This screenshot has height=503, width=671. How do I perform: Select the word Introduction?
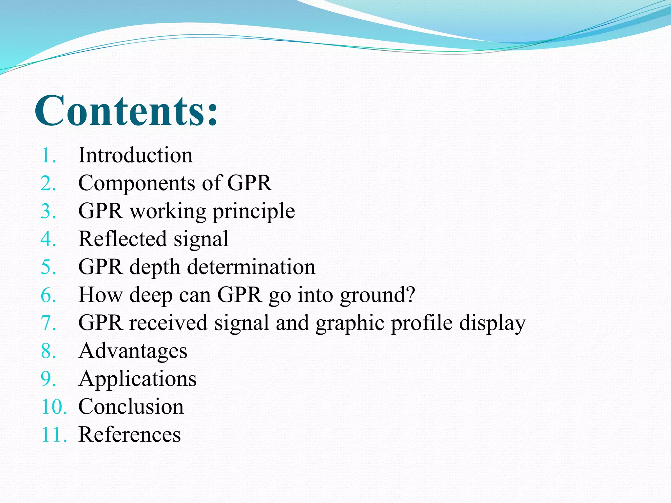tap(135, 155)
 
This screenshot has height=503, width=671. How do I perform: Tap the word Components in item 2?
tap(136, 183)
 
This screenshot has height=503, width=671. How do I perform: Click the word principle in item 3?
tap(254, 212)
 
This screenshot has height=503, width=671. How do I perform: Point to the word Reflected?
tap(123, 239)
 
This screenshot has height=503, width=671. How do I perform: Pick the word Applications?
tap(137, 379)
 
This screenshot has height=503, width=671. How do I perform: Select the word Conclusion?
tap(131, 406)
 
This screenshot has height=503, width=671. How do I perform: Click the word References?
tap(129, 435)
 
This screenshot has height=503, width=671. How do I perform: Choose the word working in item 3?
tap(168, 212)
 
